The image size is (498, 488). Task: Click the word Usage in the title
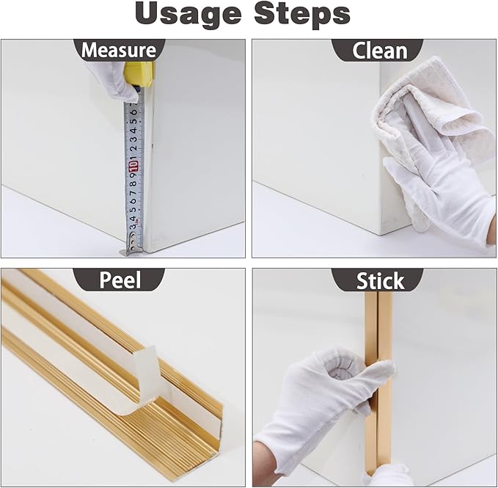pyautogui.click(x=188, y=14)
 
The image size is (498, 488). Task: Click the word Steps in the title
pyautogui.click(x=302, y=14)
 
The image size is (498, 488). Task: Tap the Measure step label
pyautogui.click(x=119, y=50)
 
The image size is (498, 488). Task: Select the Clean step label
pyautogui.click(x=379, y=51)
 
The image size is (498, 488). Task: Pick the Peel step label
pyautogui.click(x=120, y=280)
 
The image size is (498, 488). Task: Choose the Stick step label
pyautogui.click(x=380, y=281)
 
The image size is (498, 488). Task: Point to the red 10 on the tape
pyautogui.click(x=133, y=165)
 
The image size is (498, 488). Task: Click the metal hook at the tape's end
pyautogui.click(x=131, y=250)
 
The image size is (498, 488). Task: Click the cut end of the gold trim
pyautogui.click(x=216, y=432)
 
